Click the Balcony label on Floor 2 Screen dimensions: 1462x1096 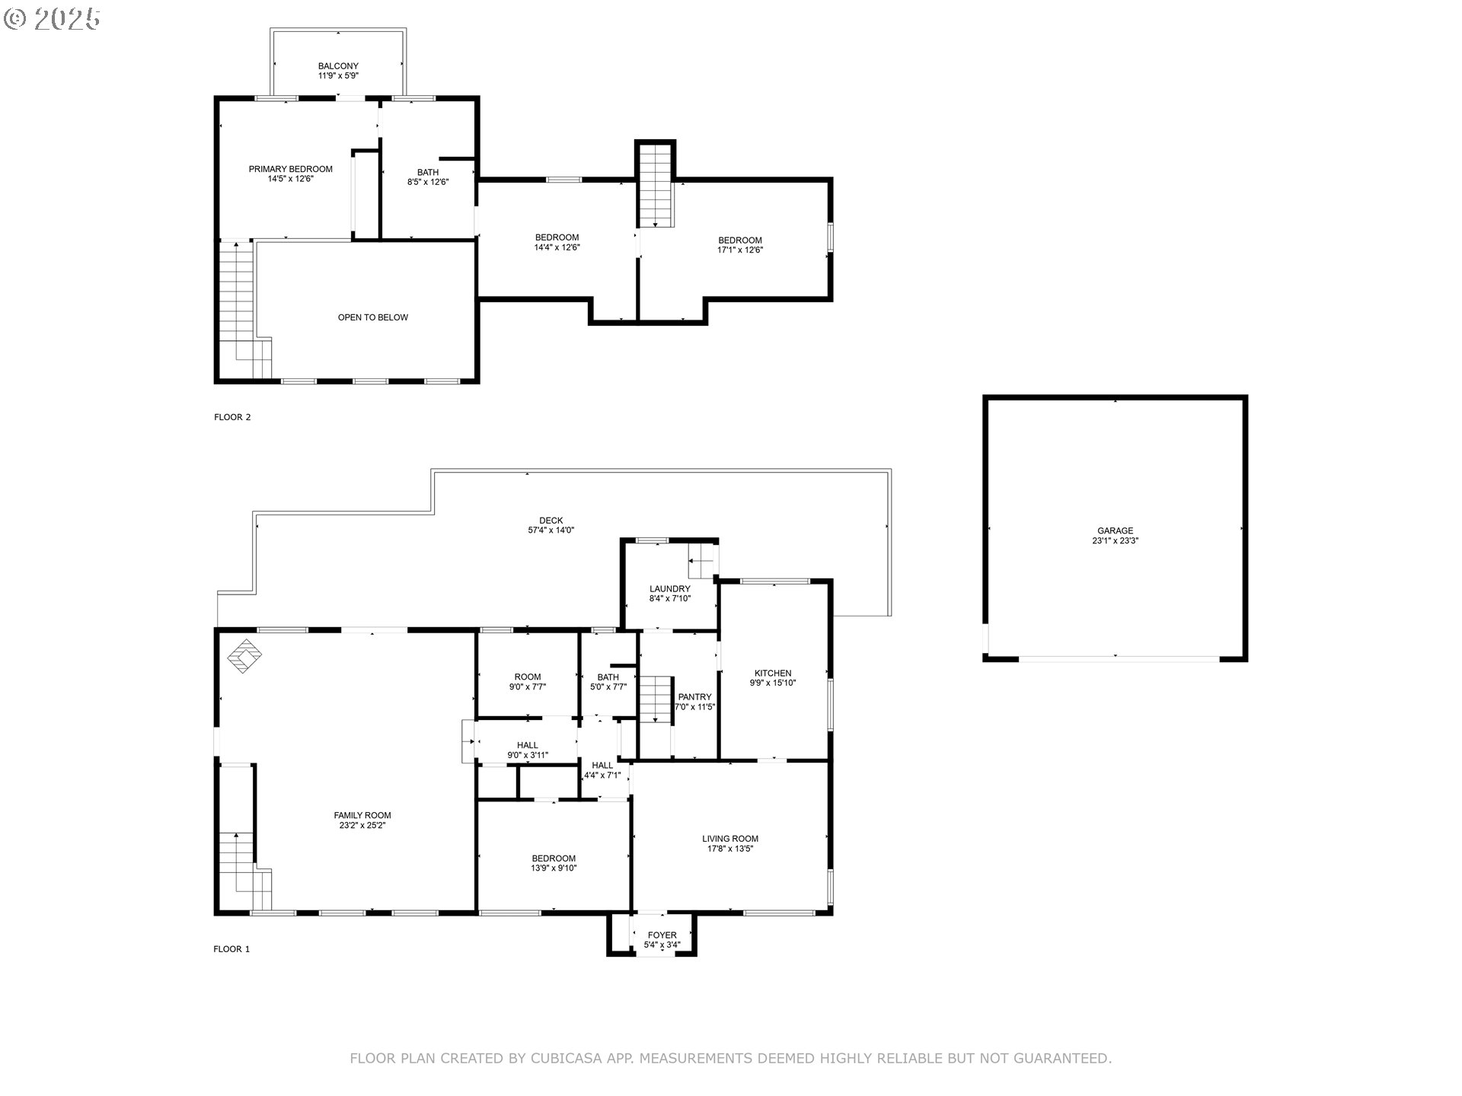[338, 66]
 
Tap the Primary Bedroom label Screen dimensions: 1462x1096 [291, 169]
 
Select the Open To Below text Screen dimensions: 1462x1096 [373, 317]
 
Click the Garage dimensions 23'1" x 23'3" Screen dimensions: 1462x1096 [1116, 541]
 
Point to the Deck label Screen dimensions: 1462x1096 [551, 521]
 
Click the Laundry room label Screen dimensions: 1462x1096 [670, 589]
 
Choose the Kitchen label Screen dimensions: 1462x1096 [773, 674]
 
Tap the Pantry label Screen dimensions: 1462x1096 [695, 697]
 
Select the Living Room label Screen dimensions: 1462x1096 [730, 839]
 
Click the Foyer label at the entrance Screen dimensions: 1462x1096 [662, 935]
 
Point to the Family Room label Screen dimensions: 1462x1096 [362, 815]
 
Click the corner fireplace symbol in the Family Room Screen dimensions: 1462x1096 [245, 656]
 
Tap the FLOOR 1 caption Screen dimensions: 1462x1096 [231, 949]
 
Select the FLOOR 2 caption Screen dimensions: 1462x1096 [232, 417]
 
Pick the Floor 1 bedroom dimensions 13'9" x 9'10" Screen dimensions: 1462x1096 [554, 868]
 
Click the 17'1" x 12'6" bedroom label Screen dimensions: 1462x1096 [740, 250]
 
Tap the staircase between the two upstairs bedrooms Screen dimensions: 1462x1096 [656, 185]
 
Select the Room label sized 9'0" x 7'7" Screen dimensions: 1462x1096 [528, 677]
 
